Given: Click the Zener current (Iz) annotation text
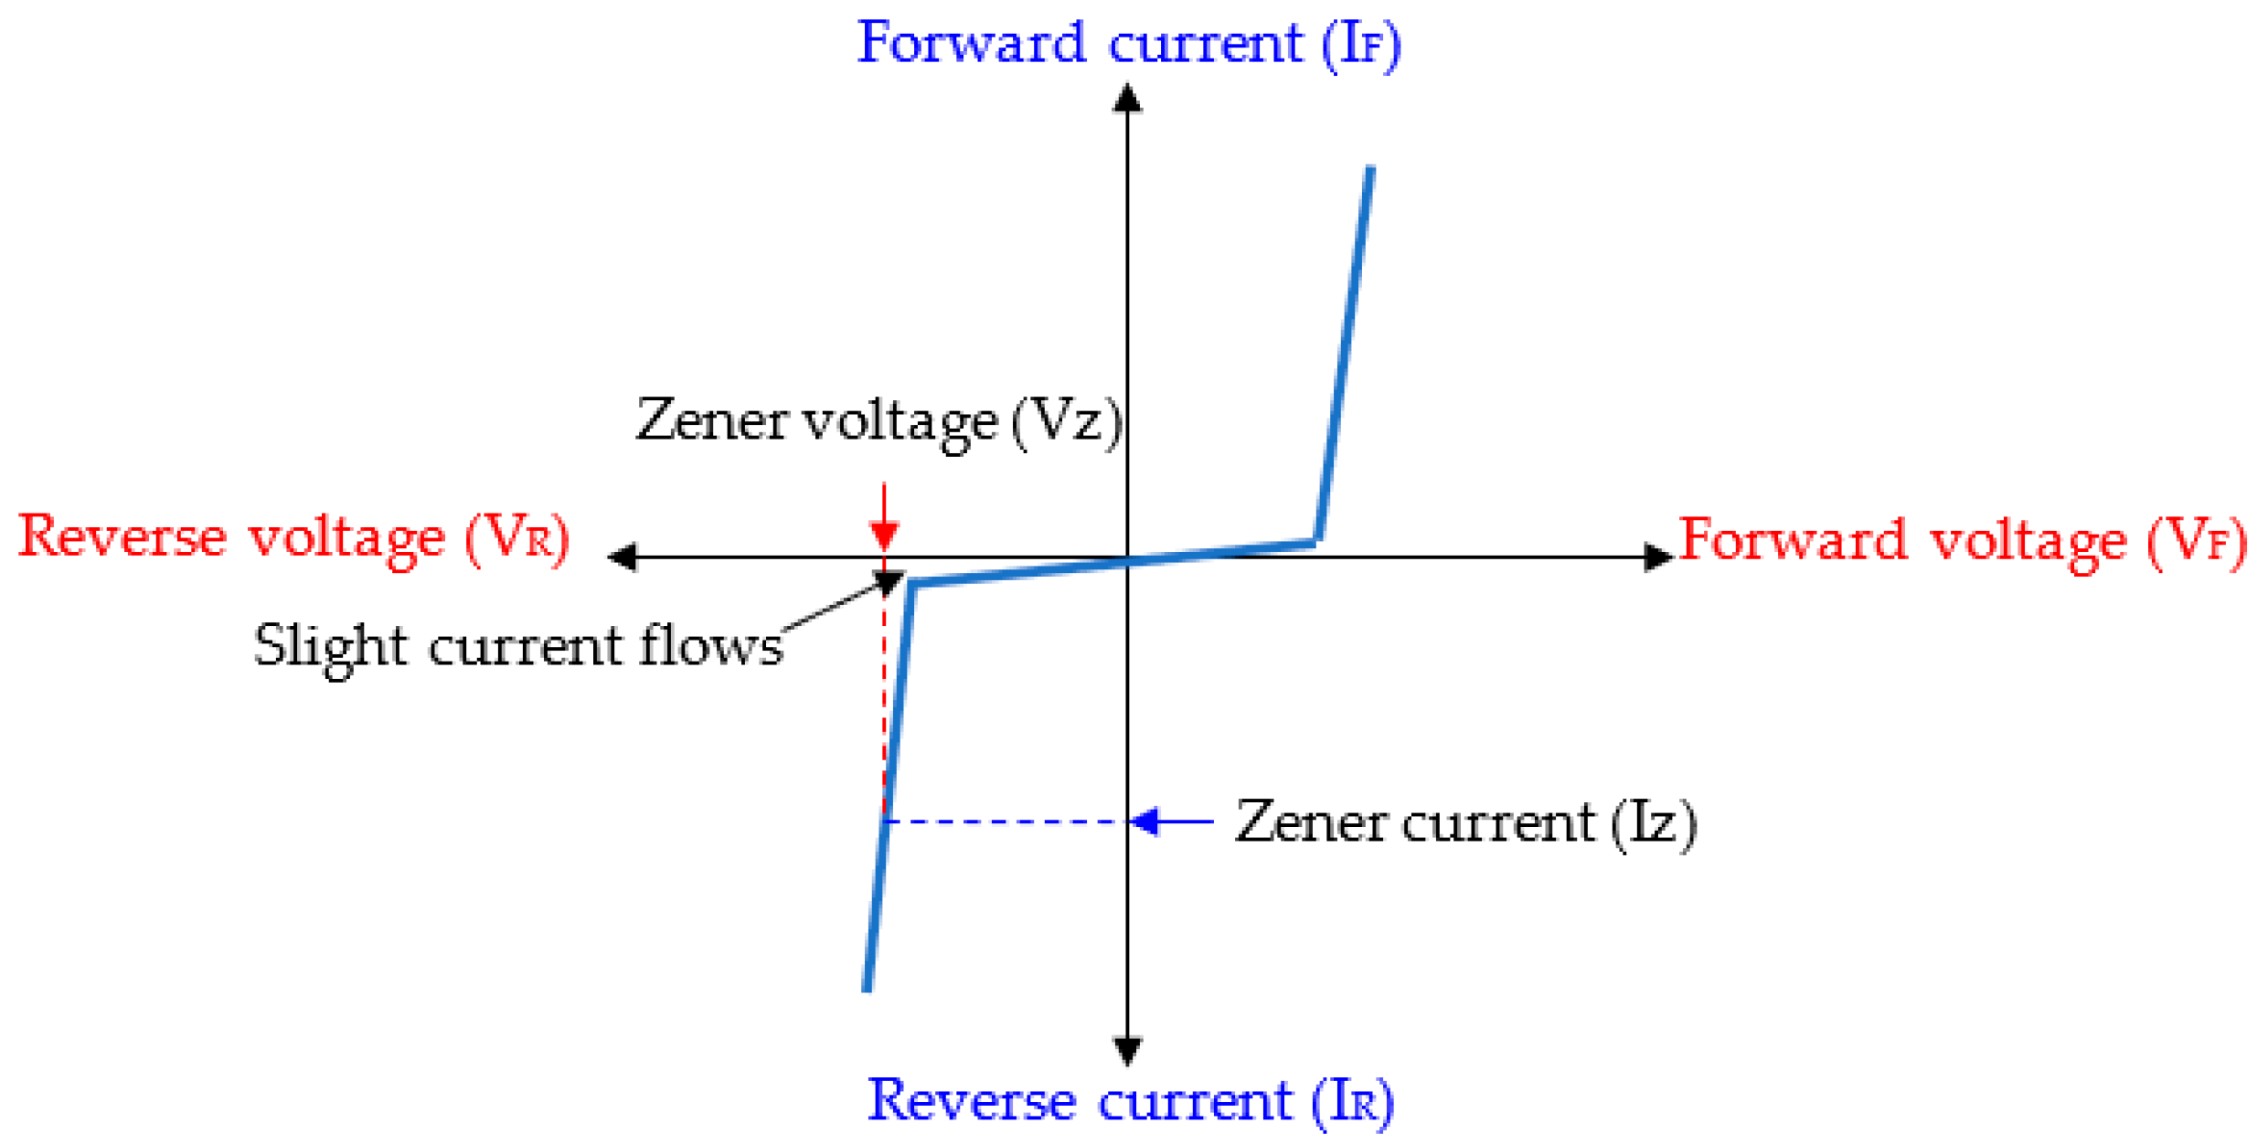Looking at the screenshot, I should pos(1464,822).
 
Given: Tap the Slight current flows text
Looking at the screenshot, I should pos(517,645).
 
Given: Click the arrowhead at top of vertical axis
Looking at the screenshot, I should pos(1127,99).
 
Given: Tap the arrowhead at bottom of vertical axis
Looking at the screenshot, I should pos(1127,1050).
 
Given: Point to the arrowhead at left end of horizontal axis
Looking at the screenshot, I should pos(623,557).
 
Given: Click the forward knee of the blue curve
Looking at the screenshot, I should pos(1316,542).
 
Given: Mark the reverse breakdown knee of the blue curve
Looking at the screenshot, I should pos(911,585).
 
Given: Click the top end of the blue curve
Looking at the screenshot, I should pos(1369,170).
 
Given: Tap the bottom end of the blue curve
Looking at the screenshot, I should pos(868,987).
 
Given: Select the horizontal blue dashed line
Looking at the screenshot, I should pos(1006,822).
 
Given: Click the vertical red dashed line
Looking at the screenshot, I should pos(884,694).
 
